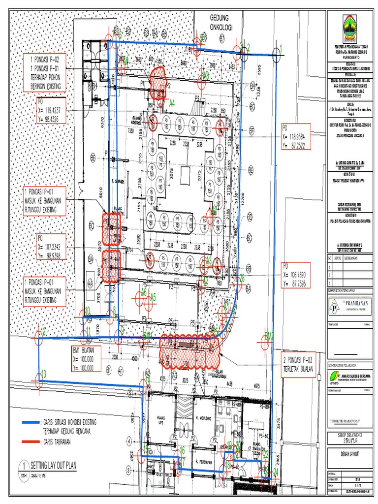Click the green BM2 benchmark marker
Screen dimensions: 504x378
pos(269,335)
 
